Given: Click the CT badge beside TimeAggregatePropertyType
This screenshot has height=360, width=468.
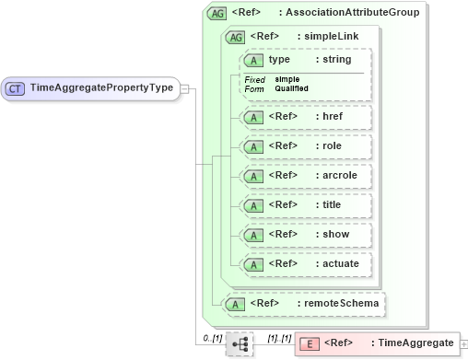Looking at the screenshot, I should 16,88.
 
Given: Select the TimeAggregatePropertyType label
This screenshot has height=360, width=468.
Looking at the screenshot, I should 102,88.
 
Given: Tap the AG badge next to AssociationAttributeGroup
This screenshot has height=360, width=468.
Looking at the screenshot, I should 217,13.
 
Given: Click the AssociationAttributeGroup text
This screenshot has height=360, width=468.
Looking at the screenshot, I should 353,13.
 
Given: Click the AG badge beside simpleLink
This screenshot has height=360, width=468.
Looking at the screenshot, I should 235,37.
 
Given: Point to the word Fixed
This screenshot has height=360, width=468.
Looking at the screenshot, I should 255,79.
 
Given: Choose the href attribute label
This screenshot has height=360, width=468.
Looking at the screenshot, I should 328,117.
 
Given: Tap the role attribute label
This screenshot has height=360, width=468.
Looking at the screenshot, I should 329,145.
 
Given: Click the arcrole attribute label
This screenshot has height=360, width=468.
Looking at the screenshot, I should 336,175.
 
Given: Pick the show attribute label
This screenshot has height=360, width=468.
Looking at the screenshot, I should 331,234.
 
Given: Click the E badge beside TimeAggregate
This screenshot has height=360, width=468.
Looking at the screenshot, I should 310,343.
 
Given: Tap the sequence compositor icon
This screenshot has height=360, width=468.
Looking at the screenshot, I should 240,343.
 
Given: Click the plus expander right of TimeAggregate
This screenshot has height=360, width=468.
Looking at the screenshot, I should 462,343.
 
